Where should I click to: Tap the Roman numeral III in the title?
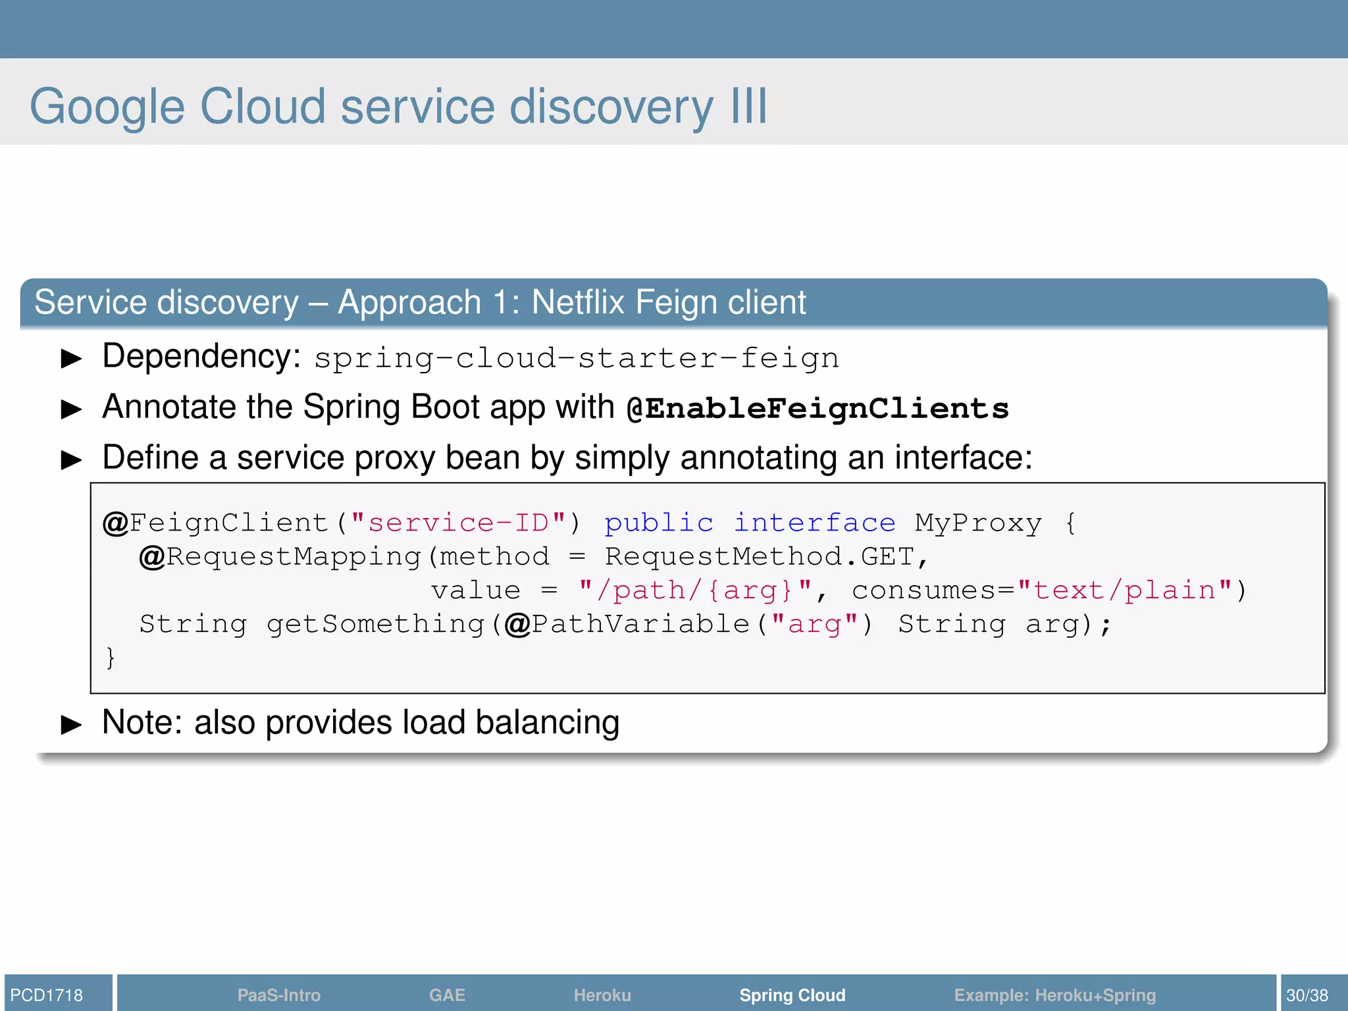coord(749,107)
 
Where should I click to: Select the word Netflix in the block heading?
coord(577,302)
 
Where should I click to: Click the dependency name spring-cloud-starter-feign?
coord(577,359)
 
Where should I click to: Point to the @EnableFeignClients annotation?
coord(817,409)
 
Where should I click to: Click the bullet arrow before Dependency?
coord(71,359)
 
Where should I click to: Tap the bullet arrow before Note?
coord(71,725)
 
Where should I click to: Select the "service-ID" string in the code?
coord(458,523)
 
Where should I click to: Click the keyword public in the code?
coord(659,523)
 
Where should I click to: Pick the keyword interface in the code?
coord(815,523)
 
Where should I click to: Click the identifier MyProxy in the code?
coord(978,523)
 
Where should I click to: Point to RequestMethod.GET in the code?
coord(760,557)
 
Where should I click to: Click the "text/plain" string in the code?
coord(1124,590)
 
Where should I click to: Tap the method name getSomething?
coord(375,624)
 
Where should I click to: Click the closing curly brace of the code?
coord(111,658)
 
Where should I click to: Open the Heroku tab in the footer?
coord(602,995)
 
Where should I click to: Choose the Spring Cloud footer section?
coord(792,995)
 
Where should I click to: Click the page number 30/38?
coord(1307,995)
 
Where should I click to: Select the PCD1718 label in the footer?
coord(47,995)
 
